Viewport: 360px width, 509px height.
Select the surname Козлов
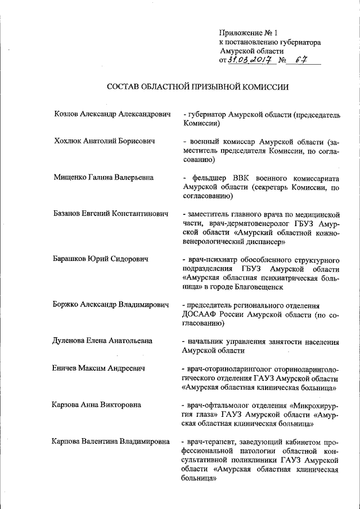64,114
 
